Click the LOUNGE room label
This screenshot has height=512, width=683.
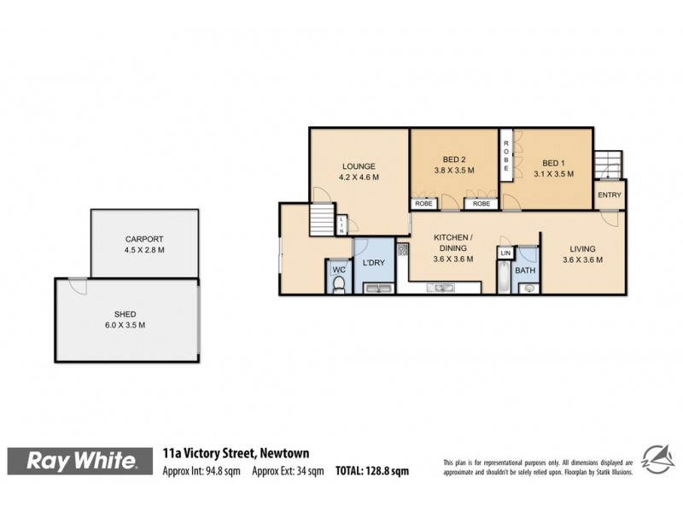pyautogui.click(x=359, y=166)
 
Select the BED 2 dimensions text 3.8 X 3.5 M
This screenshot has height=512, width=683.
pyautogui.click(x=453, y=171)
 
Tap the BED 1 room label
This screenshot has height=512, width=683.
pyautogui.click(x=553, y=162)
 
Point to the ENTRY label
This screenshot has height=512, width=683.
pyautogui.click(x=610, y=195)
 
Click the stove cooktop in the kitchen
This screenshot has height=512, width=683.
pyautogui.click(x=402, y=250)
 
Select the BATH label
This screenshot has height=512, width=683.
pyautogui.click(x=525, y=271)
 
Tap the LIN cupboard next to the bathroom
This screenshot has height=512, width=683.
pyautogui.click(x=505, y=253)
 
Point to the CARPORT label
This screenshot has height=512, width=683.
pyautogui.click(x=144, y=239)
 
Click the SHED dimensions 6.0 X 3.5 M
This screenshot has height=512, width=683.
pyautogui.click(x=126, y=325)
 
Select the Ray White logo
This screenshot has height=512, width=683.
pyautogui.click(x=82, y=462)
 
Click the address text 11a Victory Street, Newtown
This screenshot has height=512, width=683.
pyautogui.click(x=236, y=454)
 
